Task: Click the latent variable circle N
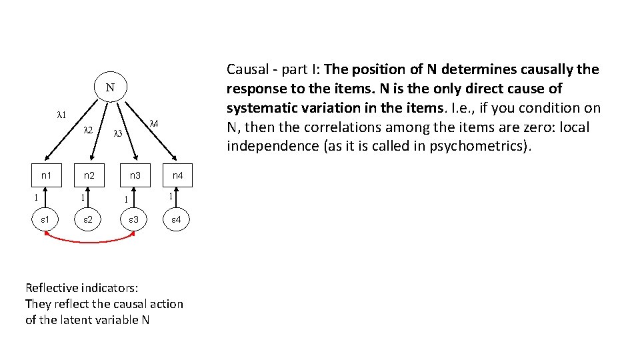110,88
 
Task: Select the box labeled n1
45,176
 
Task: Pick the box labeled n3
135,176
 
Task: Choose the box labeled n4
177,176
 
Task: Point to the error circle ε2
88,219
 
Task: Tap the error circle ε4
177,219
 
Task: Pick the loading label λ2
88,130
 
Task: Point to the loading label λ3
117,133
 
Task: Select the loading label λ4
153,123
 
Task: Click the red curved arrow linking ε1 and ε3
90,241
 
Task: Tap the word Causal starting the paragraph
247,69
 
